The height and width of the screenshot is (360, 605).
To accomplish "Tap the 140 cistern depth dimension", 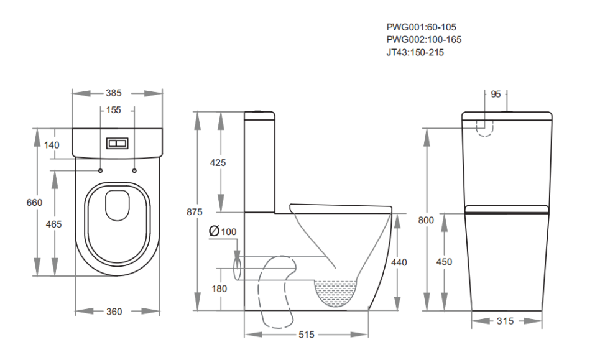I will click(x=52, y=145).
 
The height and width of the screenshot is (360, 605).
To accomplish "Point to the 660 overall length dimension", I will click(x=34, y=202).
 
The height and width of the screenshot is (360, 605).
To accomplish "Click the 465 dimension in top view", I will click(x=54, y=224).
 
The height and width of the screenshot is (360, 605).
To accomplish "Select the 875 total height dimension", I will click(x=195, y=212).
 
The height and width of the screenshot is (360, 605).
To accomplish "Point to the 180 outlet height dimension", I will click(x=219, y=288).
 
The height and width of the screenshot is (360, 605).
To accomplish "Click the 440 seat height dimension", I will click(x=399, y=262).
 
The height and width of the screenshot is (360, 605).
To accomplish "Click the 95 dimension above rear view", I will click(x=496, y=94).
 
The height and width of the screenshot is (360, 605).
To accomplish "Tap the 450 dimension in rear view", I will click(x=444, y=262).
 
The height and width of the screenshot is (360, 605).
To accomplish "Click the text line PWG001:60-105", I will click(x=421, y=27).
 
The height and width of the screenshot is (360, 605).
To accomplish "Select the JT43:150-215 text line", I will click(x=415, y=52).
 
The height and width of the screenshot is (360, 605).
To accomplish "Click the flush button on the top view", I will click(x=117, y=143).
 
